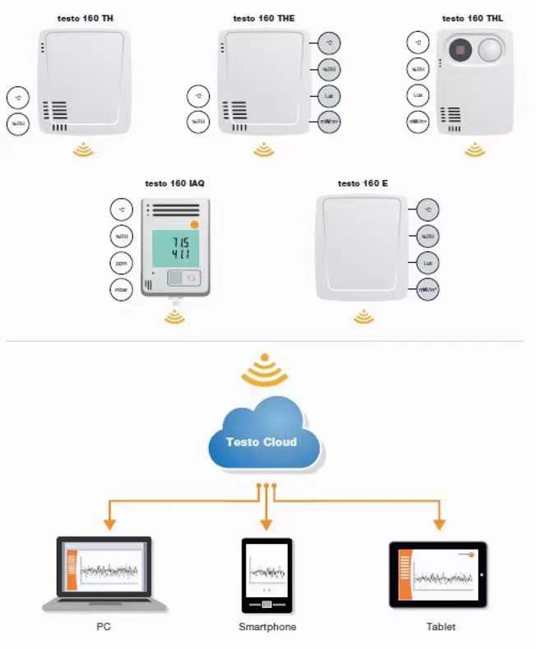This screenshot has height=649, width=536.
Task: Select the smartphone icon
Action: coord(266,574)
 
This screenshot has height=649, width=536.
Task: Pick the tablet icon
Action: coord(437,574)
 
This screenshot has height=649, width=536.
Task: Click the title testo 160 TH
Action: coord(85,18)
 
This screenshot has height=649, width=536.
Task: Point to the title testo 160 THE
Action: coord(262,18)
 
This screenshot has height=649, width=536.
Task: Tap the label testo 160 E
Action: coord(363,184)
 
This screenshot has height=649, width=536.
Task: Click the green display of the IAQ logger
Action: coord(175,248)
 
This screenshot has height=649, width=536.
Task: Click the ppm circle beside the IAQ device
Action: coord(121,263)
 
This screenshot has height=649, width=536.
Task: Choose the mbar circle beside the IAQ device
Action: coord(121,289)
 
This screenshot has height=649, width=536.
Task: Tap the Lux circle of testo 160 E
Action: coord(427,263)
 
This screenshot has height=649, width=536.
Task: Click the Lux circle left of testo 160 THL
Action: coord(418,95)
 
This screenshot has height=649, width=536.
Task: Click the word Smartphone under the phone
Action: coord(267,627)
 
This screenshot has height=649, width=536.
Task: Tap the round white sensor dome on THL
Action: coord(490,50)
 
